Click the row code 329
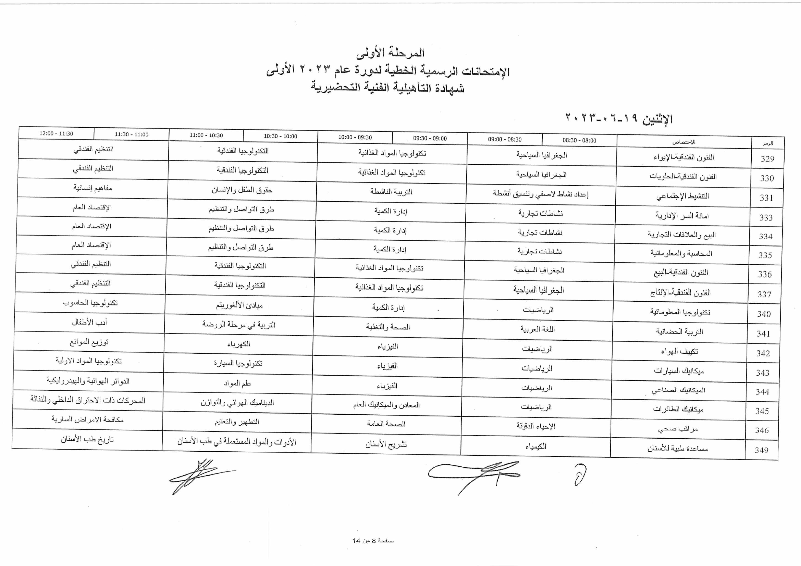click(x=767, y=159)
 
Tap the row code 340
click(x=764, y=314)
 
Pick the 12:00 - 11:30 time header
click(x=56, y=134)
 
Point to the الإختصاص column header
click(x=684, y=142)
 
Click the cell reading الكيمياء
click(x=536, y=446)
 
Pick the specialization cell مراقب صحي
click(x=678, y=429)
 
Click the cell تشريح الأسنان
click(x=386, y=444)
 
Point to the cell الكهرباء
click(x=239, y=344)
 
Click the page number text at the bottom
click(x=373, y=541)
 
